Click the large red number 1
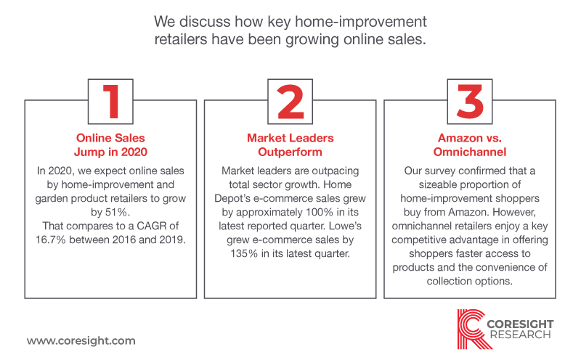click(111, 102)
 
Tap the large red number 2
click(290, 102)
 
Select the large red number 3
click(470, 102)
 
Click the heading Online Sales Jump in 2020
click(110, 145)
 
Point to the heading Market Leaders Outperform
click(290, 145)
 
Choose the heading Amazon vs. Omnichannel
click(470, 145)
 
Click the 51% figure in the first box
click(117, 212)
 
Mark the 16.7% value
click(50, 240)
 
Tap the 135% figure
click(244, 254)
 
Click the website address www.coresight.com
click(81, 340)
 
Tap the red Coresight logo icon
click(471, 330)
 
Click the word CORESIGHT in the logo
click(520, 324)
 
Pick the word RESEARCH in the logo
click(520, 335)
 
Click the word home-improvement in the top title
click(361, 22)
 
